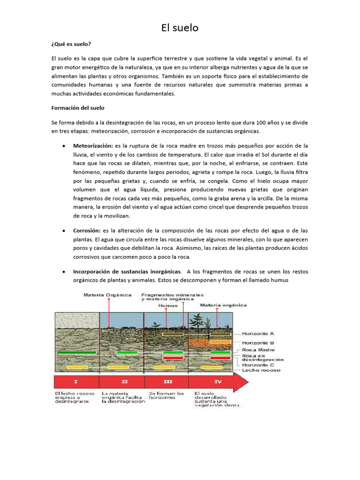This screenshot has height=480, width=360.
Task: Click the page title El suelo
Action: point(180,28)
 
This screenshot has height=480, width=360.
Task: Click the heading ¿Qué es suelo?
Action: point(71,45)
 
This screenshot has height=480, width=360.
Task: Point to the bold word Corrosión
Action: point(87,231)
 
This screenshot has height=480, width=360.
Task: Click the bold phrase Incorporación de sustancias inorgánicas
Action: point(127,271)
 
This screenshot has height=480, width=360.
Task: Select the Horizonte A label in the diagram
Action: point(258,334)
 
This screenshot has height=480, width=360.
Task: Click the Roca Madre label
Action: point(258,350)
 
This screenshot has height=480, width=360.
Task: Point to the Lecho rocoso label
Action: point(261,370)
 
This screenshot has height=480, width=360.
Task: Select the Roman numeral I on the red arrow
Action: point(77,382)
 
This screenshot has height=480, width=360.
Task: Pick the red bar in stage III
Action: point(172,358)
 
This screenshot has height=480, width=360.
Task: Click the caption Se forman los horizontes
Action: point(162,396)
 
